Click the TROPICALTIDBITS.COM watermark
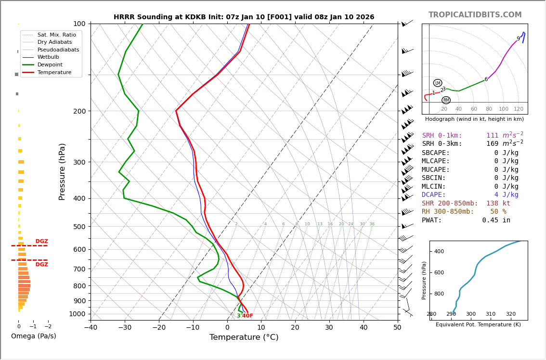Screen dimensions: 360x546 [x=475, y=15]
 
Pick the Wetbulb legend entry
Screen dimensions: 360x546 [x=48, y=57]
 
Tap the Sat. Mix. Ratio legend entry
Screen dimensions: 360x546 [x=56, y=35]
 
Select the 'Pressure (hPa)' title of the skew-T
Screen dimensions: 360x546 [x=62, y=171]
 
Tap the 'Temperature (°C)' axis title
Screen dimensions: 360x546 [x=244, y=337]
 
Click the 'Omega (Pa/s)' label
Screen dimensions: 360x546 [x=33, y=336]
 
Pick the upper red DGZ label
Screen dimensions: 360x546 [x=41, y=242]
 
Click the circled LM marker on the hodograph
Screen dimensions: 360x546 [x=438, y=83]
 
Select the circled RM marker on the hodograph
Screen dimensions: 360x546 [x=446, y=100]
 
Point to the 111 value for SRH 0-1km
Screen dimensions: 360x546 [x=492, y=136]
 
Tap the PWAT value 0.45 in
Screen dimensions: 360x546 [x=496, y=220]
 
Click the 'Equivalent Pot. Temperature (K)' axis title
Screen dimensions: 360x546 [x=478, y=324]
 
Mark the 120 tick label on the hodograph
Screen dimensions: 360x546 [x=519, y=109]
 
